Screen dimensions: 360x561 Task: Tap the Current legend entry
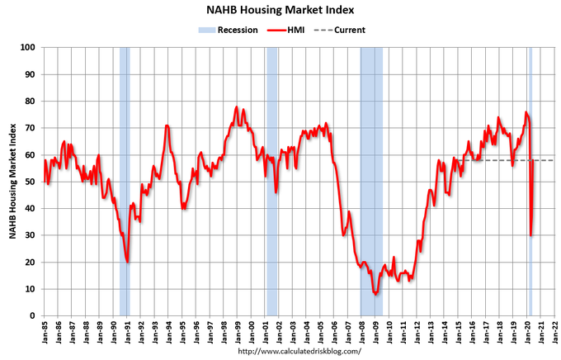(x=346, y=30)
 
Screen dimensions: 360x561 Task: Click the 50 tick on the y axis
(x=36, y=182)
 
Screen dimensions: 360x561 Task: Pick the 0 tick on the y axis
(x=39, y=315)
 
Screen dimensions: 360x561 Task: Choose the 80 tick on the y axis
(x=36, y=102)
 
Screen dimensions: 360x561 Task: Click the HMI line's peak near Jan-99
(x=237, y=107)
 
